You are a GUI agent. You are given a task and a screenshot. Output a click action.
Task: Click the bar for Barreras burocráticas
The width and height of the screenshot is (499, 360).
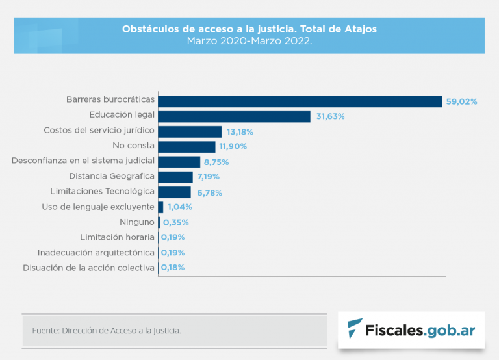point(300,101)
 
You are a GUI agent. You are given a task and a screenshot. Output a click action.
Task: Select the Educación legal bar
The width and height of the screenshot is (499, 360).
point(234,116)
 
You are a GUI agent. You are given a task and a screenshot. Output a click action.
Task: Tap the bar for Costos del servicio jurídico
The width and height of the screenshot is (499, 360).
point(190,131)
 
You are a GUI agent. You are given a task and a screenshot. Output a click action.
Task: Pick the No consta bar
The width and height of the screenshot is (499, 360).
point(186,147)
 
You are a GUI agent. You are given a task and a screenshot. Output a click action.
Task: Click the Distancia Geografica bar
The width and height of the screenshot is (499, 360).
point(175,177)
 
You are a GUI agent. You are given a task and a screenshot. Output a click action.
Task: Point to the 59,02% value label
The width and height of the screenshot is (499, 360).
point(461,101)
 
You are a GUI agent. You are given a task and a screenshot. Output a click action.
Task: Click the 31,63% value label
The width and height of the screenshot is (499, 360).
point(330,116)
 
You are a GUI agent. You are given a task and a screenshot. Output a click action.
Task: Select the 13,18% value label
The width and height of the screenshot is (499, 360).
point(240,131)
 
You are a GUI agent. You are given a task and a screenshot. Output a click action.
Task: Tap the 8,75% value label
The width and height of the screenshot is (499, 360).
point(217,162)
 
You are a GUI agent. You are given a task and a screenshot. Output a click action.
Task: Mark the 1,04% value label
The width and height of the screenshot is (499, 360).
point(180,207)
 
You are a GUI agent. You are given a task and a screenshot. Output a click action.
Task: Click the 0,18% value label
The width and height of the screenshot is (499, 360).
point(173,267)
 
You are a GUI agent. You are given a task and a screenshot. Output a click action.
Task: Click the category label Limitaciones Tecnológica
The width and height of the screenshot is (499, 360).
point(102,192)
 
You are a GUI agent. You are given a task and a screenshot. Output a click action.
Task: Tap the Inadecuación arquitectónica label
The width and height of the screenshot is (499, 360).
point(96,252)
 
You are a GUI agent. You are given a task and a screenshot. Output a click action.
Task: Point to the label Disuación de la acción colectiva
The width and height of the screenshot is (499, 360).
point(88,267)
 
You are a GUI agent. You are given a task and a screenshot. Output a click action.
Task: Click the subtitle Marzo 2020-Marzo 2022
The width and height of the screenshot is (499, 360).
point(249,40)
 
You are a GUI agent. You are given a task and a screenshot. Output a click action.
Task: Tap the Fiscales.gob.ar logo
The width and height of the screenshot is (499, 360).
point(411,329)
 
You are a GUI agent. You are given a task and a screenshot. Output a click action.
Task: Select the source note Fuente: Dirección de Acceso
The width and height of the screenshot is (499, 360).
point(107,331)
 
